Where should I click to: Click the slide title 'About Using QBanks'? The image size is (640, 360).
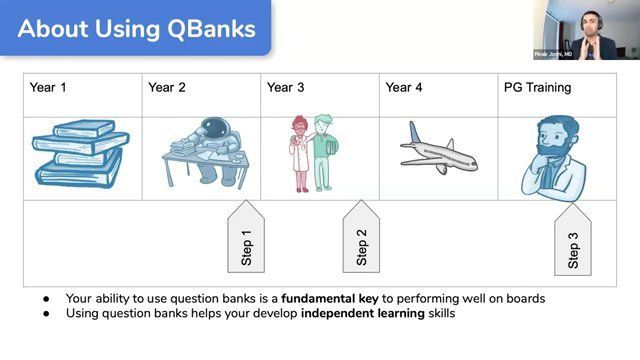click(136, 28)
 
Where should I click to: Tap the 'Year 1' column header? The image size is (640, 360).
click(48, 88)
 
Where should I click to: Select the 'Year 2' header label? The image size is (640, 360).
click(167, 88)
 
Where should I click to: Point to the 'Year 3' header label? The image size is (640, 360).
click(286, 88)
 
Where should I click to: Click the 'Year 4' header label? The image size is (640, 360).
click(404, 88)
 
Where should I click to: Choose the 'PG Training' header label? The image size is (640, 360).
click(537, 88)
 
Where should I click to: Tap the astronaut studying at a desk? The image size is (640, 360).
click(202, 152)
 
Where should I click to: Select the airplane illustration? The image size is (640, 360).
click(438, 150)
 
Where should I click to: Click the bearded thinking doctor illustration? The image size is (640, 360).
click(556, 154)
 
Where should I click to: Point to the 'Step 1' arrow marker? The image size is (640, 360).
click(246, 238)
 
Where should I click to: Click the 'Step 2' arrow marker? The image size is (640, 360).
click(361, 238)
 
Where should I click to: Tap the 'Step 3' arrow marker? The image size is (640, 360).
click(573, 242)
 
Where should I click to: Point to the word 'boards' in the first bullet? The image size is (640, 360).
click(524, 298)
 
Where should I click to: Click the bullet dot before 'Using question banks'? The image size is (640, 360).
click(46, 313)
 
